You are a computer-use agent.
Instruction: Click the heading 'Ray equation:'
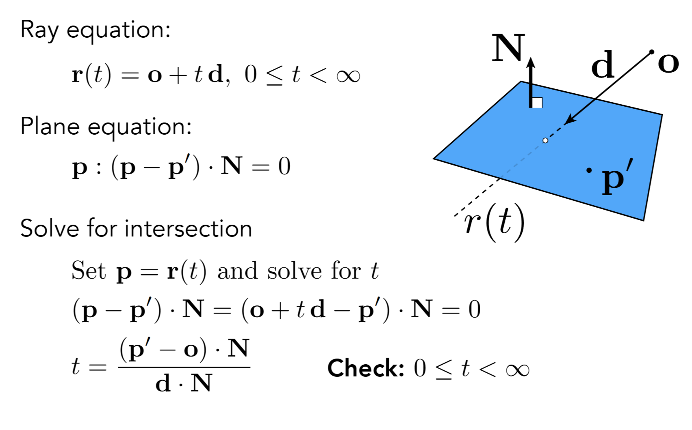click(95, 30)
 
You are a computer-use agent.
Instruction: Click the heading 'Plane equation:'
click(106, 127)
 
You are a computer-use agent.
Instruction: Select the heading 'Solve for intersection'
click(136, 228)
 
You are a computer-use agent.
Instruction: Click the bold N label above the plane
click(508, 48)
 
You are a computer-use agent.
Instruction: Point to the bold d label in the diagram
click(602, 65)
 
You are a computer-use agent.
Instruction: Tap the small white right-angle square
click(537, 103)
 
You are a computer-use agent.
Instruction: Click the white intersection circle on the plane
click(545, 140)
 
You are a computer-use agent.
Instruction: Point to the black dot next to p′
click(589, 170)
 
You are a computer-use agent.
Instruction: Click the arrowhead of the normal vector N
click(531, 62)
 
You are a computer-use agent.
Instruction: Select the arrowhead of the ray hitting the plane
click(569, 119)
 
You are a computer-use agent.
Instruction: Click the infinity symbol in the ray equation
click(348, 76)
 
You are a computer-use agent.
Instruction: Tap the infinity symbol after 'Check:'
click(517, 370)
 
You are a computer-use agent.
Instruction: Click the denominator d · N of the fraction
click(184, 383)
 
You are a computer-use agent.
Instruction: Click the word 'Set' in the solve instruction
click(89, 271)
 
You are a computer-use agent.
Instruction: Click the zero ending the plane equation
click(284, 167)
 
